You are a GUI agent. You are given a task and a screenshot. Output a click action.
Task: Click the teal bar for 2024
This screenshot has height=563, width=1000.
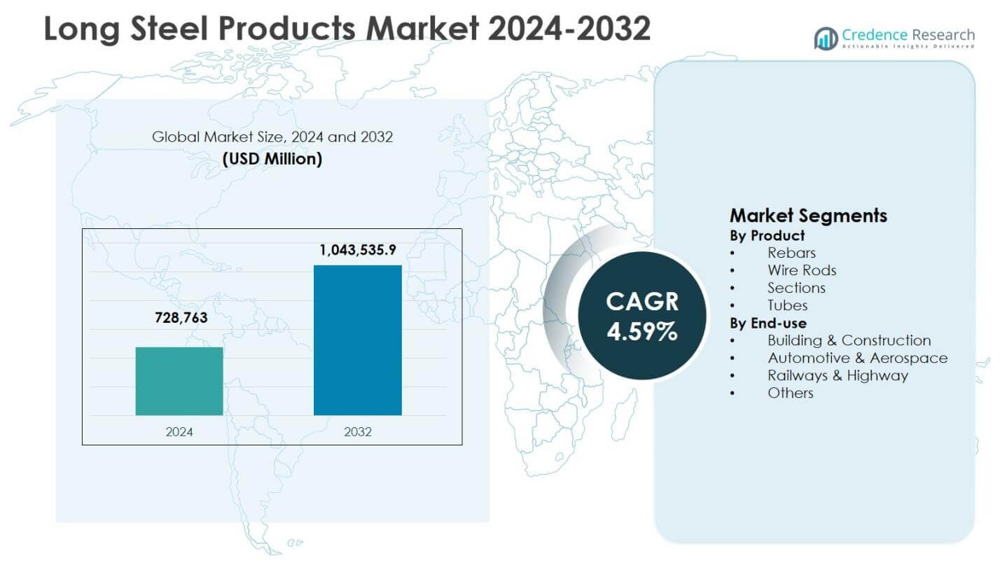[x=179, y=381]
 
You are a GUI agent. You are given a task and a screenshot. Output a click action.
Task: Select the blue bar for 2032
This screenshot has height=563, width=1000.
[x=357, y=340]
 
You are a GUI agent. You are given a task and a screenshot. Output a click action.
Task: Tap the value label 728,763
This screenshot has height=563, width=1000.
[x=181, y=317]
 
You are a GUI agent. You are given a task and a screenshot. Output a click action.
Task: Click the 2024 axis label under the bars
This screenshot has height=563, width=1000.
[x=179, y=432]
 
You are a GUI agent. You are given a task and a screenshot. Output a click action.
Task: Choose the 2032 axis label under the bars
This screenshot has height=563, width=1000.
[x=358, y=432]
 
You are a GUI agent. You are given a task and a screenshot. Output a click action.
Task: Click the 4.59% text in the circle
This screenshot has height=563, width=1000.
[x=642, y=331]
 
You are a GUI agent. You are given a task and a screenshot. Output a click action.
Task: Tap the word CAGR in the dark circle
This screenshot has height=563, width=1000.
[x=642, y=301]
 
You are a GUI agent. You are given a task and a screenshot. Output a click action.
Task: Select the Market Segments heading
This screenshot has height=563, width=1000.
[x=808, y=216]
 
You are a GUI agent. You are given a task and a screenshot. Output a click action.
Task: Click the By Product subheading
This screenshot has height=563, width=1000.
[x=768, y=235]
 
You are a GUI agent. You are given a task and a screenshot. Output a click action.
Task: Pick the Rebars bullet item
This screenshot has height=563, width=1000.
[x=791, y=253]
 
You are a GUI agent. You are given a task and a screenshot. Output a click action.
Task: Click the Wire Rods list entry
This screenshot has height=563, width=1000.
[x=802, y=270]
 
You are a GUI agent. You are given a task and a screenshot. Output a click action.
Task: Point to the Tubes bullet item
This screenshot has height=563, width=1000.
[x=787, y=305]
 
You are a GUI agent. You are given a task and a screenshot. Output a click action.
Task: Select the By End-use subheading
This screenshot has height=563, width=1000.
[x=768, y=323]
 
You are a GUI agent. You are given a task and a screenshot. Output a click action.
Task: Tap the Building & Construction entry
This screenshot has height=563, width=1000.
[x=849, y=340]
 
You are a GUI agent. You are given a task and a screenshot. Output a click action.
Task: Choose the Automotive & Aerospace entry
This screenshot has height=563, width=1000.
[x=857, y=358]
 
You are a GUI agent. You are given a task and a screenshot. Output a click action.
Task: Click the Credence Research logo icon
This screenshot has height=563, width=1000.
[x=826, y=39]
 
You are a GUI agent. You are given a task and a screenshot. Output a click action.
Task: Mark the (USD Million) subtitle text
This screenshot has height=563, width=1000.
[x=272, y=159]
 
